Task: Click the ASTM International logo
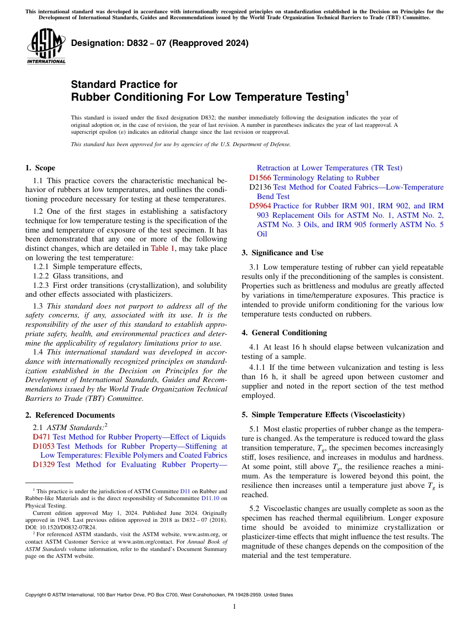[45, 46]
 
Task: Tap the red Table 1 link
[165, 248]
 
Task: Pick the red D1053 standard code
[43, 446]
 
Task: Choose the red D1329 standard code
[43, 465]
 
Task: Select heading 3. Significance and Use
[282, 253]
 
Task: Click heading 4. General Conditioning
[284, 333]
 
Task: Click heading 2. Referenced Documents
[70, 415]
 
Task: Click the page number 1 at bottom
[234, 607]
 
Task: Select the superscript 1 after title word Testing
[347, 92]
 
